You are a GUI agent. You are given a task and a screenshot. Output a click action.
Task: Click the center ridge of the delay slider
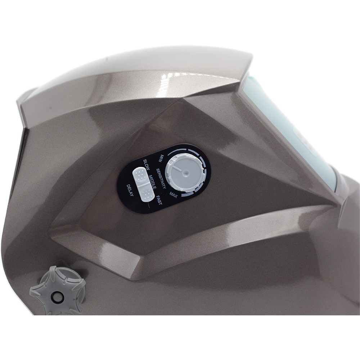coord(143,185)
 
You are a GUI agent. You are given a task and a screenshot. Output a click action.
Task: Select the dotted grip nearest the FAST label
coord(146,194)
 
